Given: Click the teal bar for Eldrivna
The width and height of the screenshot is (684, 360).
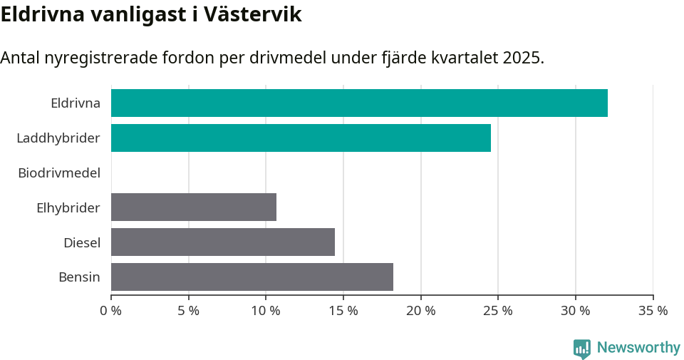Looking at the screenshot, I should [x=359, y=103].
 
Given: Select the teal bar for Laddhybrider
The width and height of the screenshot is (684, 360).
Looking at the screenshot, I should [x=301, y=138].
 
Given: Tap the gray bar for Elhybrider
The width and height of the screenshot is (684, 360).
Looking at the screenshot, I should [x=194, y=207].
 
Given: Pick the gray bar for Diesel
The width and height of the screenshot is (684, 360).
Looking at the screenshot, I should [x=223, y=242].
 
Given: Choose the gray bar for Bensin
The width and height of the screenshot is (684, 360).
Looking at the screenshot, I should [x=252, y=277].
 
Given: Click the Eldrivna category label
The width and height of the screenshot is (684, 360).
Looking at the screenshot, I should [x=76, y=103].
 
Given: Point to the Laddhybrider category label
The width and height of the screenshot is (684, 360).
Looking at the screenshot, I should [x=58, y=138].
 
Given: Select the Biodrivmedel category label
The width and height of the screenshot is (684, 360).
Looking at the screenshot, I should [x=59, y=173].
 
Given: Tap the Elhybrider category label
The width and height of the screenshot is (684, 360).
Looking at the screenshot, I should [x=68, y=207].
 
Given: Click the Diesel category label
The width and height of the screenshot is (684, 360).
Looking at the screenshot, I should [x=82, y=242].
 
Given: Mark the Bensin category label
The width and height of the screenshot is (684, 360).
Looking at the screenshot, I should [x=79, y=277].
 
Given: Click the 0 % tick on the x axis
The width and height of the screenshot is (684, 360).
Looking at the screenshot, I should [x=111, y=311].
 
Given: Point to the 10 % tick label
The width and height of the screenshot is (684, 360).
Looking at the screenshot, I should [x=266, y=311].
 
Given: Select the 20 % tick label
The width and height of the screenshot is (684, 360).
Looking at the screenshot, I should [x=420, y=311].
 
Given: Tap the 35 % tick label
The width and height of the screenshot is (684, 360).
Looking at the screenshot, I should [x=653, y=311].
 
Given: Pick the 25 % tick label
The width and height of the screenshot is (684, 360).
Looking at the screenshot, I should [x=498, y=311].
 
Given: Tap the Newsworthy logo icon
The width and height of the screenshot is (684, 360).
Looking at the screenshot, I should [x=582, y=348].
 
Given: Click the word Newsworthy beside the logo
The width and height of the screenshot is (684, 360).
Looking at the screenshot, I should [x=638, y=348].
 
